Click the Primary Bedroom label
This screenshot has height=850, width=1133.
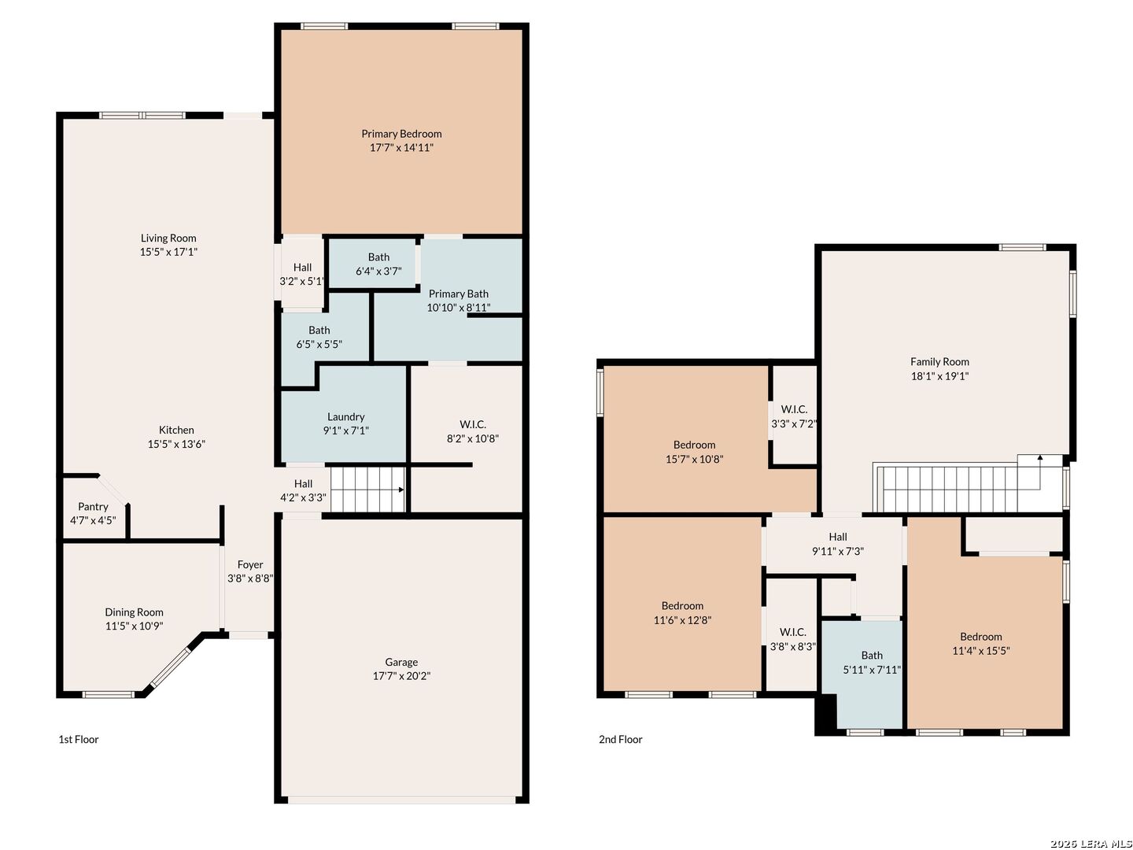[x=401, y=134]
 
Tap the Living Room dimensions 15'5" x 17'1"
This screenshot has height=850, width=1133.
[x=168, y=252]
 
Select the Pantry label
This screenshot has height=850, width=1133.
[x=93, y=507]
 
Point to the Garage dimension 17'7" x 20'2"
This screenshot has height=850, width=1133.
[x=401, y=675]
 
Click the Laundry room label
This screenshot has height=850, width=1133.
[x=346, y=416]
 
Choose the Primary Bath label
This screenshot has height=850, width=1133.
[x=459, y=294]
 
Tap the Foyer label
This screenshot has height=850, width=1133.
[x=250, y=564]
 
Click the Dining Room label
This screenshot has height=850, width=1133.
[x=134, y=612]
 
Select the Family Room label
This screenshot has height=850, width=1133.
[x=939, y=362]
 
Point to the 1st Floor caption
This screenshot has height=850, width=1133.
[x=79, y=739]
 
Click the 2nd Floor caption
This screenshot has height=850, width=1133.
[x=621, y=739]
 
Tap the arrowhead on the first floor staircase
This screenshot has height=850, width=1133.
[x=401, y=490]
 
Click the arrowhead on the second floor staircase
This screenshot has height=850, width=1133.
[x=1040, y=458]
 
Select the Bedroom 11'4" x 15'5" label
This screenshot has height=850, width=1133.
[x=980, y=644]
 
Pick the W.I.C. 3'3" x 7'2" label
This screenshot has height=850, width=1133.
[x=794, y=416]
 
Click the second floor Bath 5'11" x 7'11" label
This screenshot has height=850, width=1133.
[x=872, y=663]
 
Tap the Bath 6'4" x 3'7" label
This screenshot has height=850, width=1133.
[x=378, y=264]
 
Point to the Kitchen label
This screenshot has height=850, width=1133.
[x=176, y=430]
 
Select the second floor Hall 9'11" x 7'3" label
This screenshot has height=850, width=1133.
[x=838, y=544]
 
